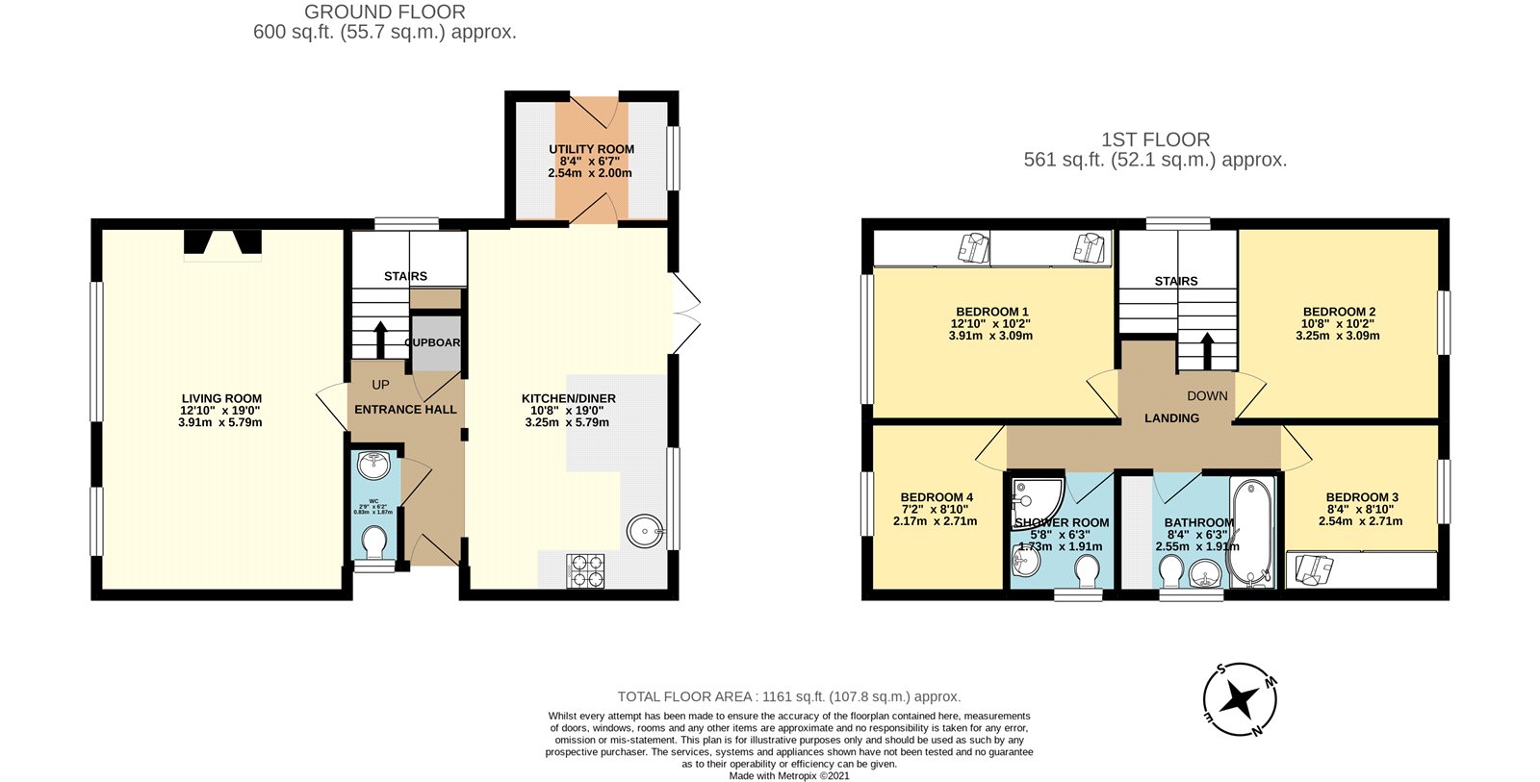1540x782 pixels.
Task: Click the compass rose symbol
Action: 1241,699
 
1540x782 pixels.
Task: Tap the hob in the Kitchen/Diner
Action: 585,570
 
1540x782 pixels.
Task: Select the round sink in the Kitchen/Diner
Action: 644,530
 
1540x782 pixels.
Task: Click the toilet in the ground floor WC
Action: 373,545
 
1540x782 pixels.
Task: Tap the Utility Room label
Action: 591,149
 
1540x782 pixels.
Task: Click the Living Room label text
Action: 221,398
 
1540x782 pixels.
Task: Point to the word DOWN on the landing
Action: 1207,395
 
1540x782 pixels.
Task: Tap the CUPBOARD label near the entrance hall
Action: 433,342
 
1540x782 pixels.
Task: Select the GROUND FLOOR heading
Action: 385,13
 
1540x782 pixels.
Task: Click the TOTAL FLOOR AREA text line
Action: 788,696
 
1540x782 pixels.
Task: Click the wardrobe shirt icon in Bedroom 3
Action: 1312,568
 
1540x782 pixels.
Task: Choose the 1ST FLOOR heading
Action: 1155,139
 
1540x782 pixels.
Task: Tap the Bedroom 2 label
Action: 1339,312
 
